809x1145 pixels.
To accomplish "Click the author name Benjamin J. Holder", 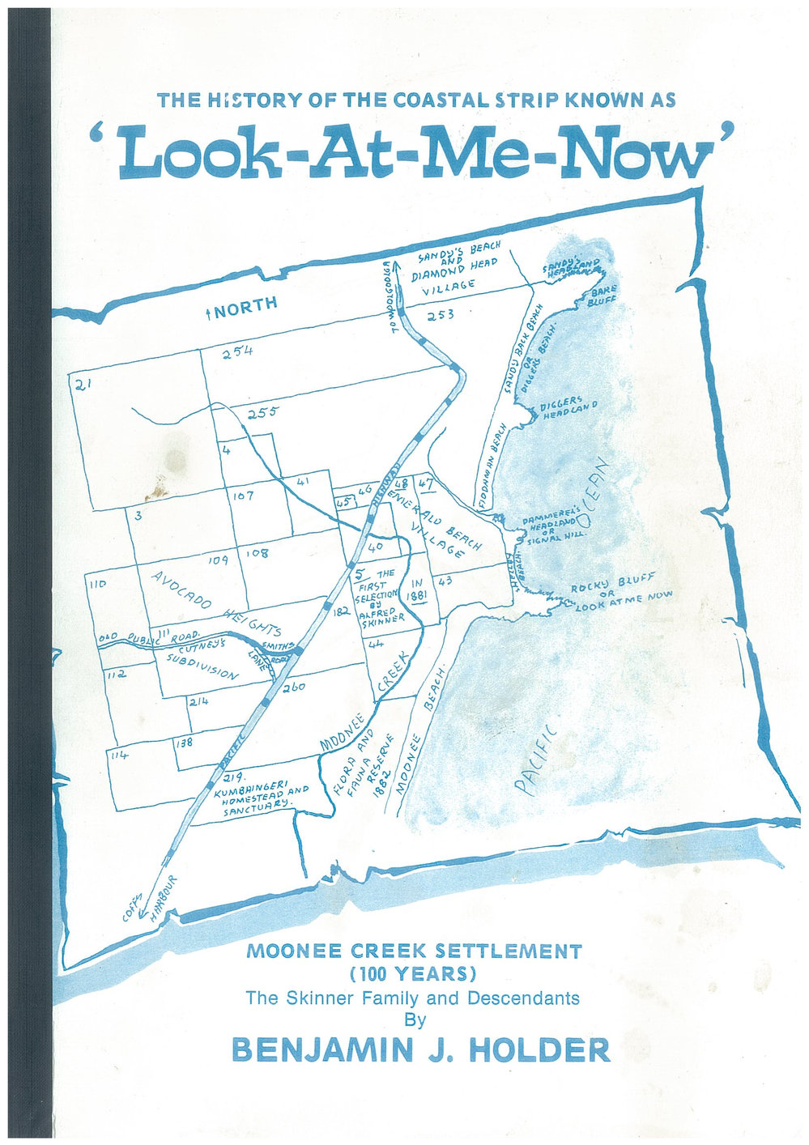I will pyautogui.click(x=420, y=1049).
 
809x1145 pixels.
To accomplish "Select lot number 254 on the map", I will pyautogui.click(x=237, y=351).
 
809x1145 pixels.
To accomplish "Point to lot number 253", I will pyautogui.click(x=441, y=315).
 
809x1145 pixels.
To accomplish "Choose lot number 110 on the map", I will pyautogui.click(x=97, y=582).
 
